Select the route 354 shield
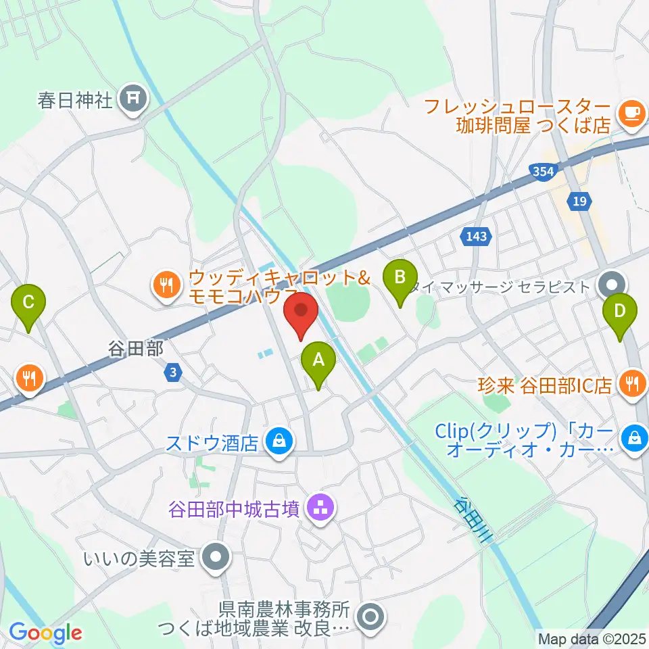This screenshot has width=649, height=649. point(543,172)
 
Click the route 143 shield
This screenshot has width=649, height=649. point(478,236)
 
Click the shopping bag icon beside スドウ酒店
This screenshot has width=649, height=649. point(279,442)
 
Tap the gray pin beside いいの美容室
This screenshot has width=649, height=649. point(216,558)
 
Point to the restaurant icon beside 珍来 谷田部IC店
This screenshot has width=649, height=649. point(632,385)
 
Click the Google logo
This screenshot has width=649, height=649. point(45,633)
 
